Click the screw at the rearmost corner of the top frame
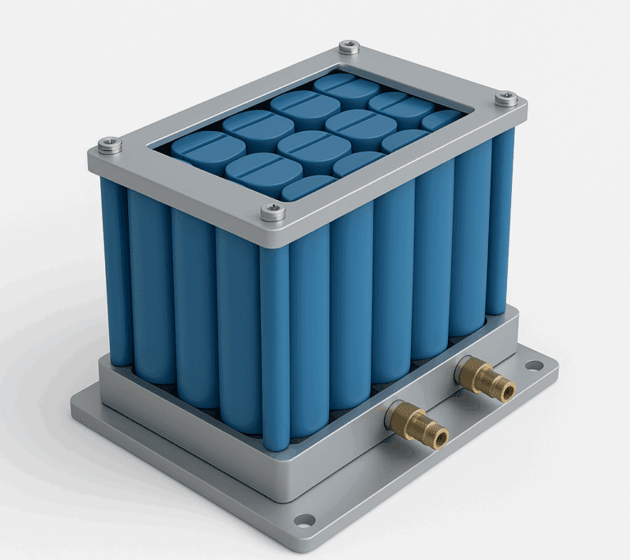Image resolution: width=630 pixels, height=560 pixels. pos(349,47)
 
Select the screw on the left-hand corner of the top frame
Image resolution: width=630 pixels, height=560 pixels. pos(109,145)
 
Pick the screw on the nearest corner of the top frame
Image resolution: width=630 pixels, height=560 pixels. pos(273,213)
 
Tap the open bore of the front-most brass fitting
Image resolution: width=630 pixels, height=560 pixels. pos(441,438)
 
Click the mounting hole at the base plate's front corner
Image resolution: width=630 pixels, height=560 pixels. pos(304,520)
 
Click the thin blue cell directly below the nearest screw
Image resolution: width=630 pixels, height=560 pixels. pos(275,344)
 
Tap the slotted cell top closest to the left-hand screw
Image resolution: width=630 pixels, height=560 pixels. pos(208,147)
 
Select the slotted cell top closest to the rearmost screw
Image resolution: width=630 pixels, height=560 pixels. pos(345,89)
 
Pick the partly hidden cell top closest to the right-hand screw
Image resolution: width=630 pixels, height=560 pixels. pos(443,120)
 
